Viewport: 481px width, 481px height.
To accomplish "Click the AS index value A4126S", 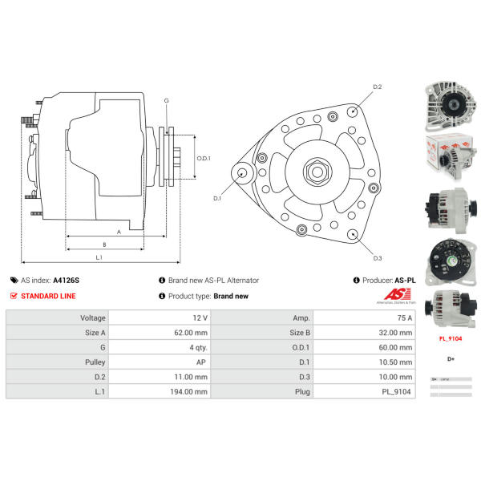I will click(x=66, y=281).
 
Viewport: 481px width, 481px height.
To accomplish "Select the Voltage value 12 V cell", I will click(x=200, y=317).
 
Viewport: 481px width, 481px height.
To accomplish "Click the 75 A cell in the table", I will click(x=404, y=317).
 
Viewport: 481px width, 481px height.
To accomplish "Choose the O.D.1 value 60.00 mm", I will click(x=395, y=347).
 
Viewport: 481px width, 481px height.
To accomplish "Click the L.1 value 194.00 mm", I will click(x=189, y=391).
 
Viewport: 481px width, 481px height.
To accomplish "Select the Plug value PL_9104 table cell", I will click(x=397, y=391).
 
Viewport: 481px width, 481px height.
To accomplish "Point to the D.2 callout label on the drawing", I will click(x=378, y=87).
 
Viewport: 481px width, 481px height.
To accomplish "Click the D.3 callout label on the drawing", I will click(x=377, y=257).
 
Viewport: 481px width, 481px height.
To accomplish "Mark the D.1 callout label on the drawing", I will click(x=217, y=197).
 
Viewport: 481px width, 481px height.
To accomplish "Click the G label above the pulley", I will click(x=166, y=101).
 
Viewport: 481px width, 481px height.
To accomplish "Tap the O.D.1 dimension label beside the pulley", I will click(x=204, y=158).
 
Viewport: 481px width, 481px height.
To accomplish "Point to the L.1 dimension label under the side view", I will click(x=98, y=257).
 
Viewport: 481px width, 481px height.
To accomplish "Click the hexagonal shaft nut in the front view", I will click(x=313, y=172).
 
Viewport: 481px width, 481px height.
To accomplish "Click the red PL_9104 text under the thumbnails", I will click(x=450, y=338).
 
